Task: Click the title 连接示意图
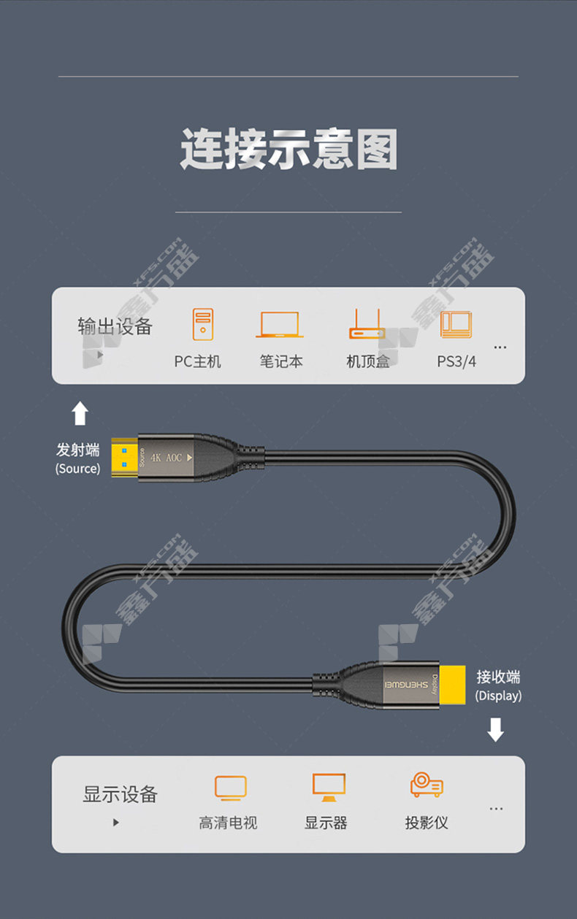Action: (289, 148)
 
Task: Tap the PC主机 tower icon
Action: (203, 324)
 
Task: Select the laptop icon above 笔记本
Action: (280, 325)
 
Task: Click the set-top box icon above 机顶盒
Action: (367, 323)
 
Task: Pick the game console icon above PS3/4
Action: (456, 325)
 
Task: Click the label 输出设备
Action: (115, 326)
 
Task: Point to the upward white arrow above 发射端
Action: (80, 413)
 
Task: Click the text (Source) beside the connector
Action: (78, 469)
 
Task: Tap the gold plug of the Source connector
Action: (124, 458)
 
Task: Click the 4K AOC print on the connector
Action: (167, 458)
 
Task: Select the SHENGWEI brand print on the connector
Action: (406, 685)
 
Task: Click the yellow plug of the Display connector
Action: (452, 685)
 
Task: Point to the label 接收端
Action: (498, 677)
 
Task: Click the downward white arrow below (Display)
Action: (496, 730)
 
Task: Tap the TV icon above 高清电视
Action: (231, 788)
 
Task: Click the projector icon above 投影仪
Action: (427, 785)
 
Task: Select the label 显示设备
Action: (121, 794)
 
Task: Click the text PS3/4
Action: (456, 361)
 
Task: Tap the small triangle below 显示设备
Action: (116, 823)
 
